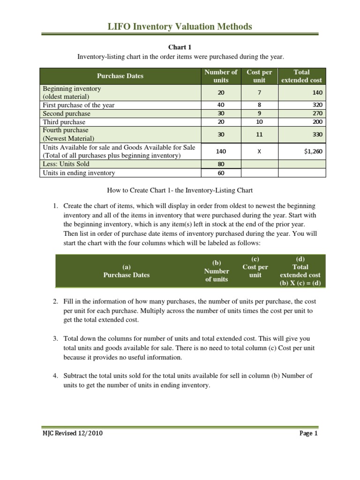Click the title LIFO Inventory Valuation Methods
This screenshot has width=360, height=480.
pos(180,27)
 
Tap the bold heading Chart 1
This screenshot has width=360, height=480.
pos(180,47)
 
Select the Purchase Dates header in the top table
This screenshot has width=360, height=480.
pos(120,76)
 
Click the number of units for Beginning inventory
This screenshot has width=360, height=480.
pos(221,93)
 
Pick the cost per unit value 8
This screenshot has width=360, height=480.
pos(259,105)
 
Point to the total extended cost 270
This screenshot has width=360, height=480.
pos(317,114)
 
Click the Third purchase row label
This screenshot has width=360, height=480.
pos(64,122)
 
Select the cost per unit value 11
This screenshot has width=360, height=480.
pos(259,135)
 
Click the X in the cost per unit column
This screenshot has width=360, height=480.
pos(259,151)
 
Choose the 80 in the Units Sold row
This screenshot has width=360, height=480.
pos(221,165)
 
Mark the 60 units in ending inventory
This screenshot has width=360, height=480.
pos(221,173)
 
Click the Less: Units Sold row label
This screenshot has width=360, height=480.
pos(66,164)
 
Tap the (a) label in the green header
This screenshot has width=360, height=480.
pos(126,267)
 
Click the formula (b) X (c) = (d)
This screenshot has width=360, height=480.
pos(300,283)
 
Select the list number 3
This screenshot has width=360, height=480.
pos(55,338)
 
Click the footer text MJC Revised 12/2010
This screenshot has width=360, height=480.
pos(73,434)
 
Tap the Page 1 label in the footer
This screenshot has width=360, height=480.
pos(308,434)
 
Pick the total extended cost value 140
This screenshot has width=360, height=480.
pos(317,93)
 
